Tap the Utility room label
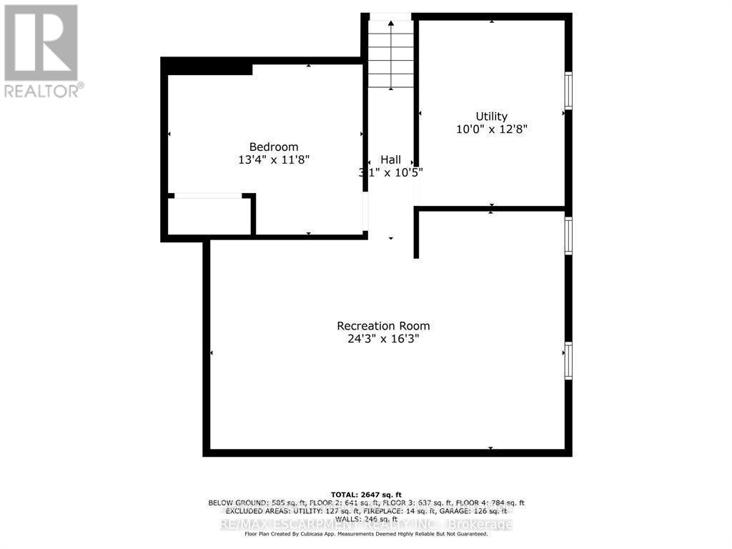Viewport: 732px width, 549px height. click(x=492, y=117)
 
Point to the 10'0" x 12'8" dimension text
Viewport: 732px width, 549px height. click(x=492, y=129)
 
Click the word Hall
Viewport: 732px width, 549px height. click(x=390, y=159)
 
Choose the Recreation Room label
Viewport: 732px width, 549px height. click(x=383, y=326)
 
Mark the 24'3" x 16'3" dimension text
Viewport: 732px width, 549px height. click(x=383, y=339)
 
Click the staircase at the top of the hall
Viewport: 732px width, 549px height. click(x=391, y=54)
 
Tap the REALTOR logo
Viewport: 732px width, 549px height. click(x=41, y=50)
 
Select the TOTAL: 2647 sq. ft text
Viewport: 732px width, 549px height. click(x=366, y=495)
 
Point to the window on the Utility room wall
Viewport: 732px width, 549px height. click(x=568, y=90)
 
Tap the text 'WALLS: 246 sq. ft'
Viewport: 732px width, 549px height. click(x=366, y=519)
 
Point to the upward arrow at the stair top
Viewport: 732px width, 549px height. click(x=391, y=25)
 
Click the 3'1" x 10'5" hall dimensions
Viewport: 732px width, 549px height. click(x=390, y=172)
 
